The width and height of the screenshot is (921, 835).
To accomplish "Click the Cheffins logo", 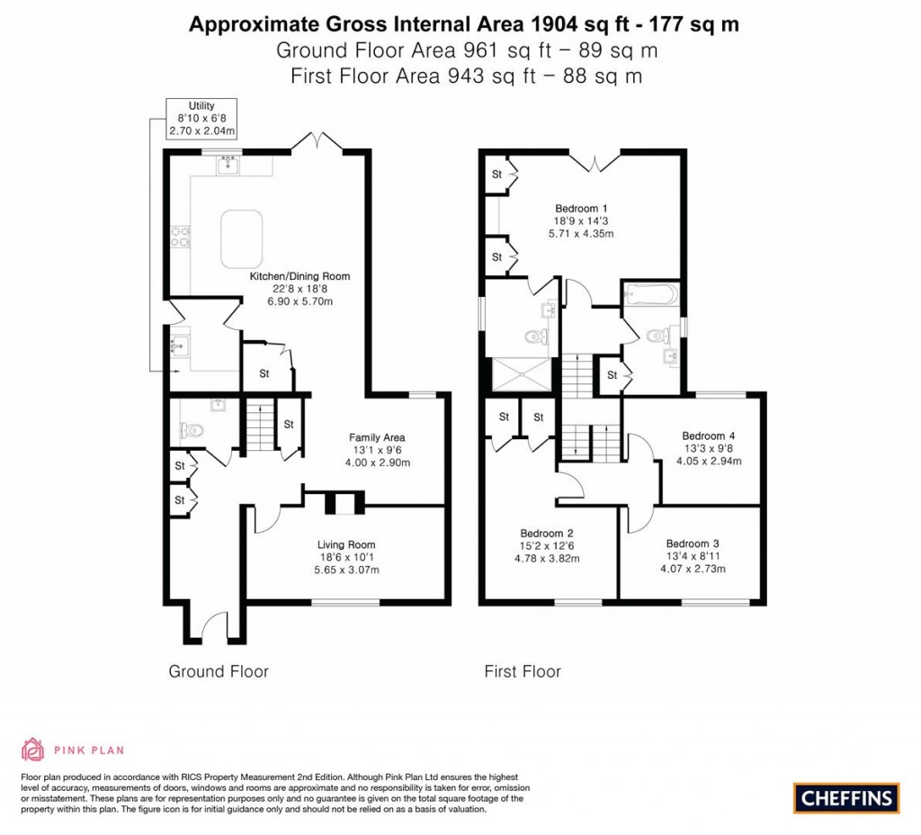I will point(845,797).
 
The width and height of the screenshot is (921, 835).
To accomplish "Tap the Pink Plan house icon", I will point(32,749).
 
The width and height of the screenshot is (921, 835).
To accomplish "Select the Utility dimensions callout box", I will point(201,119).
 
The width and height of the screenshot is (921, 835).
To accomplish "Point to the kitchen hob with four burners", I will point(177,238).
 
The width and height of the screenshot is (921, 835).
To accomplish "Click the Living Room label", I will point(345,544).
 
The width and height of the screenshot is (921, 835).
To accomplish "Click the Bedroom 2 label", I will point(548,532).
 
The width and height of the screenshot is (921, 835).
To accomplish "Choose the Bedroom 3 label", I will point(693,543).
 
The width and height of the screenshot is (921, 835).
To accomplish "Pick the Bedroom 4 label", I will point(709,436).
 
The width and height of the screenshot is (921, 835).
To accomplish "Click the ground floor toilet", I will point(192,430).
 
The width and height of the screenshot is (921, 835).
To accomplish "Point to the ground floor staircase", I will point(259,425).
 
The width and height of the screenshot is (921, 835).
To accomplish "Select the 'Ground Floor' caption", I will point(219,671).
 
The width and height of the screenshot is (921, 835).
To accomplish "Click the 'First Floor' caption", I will point(522,671).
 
